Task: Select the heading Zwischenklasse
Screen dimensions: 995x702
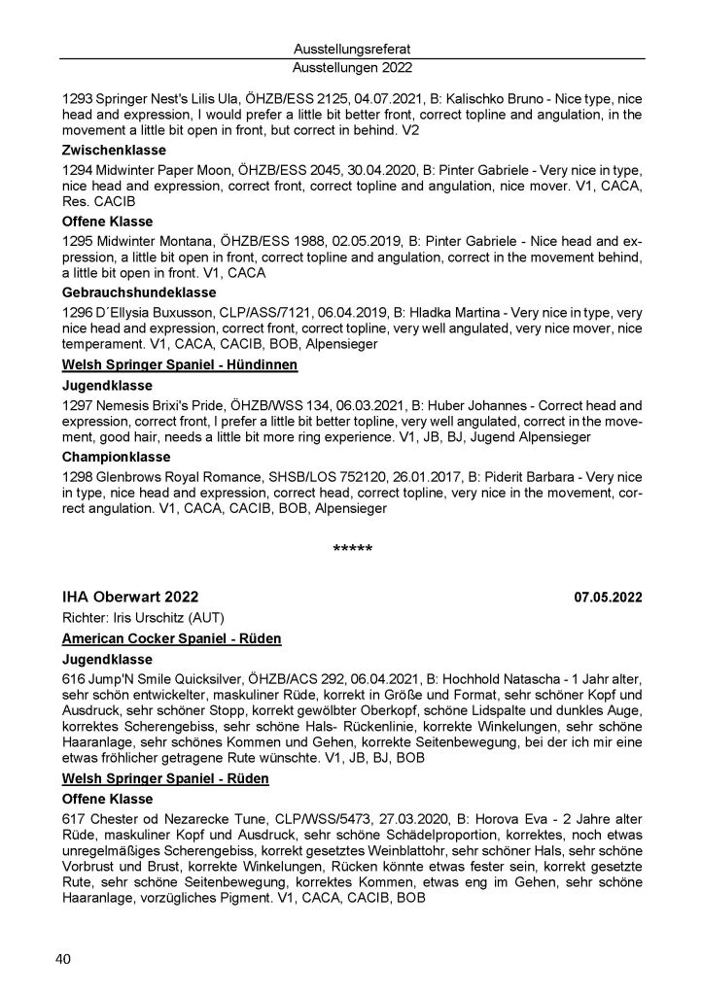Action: pos(114,151)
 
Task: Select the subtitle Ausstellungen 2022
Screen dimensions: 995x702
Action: pos(351,68)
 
